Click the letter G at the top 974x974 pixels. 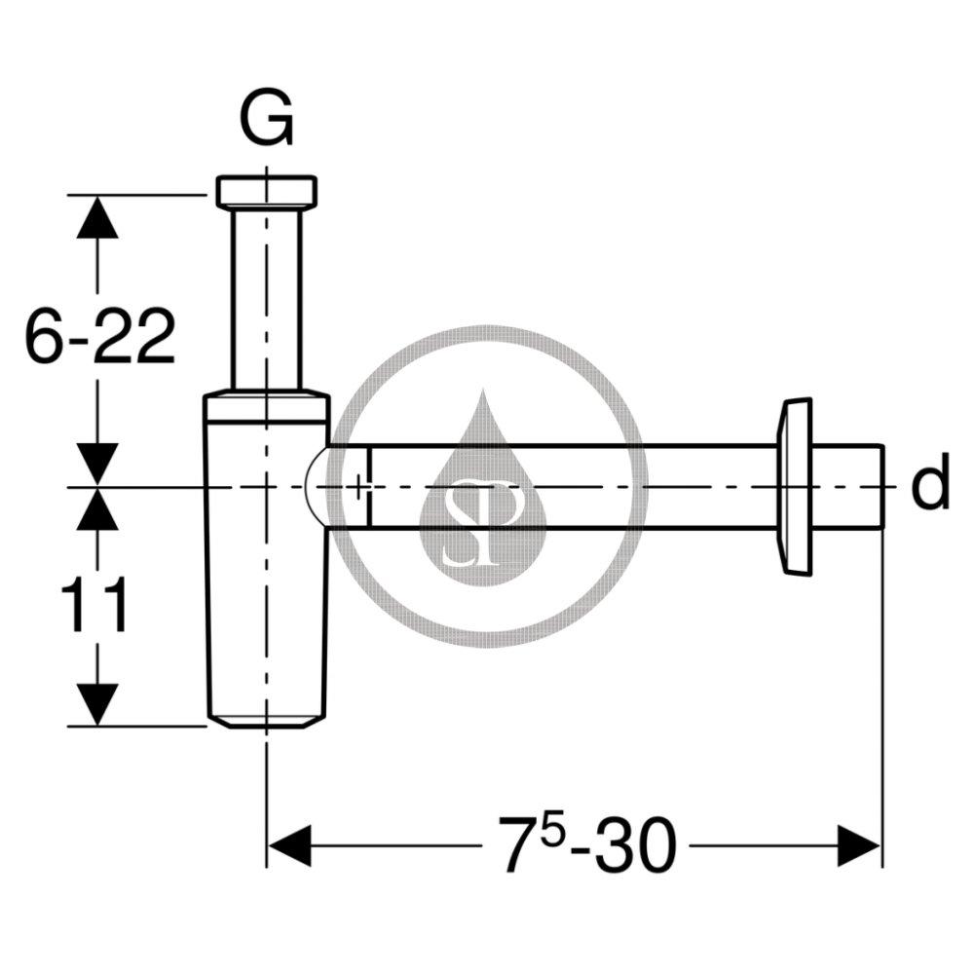(266, 122)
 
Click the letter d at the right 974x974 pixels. (930, 486)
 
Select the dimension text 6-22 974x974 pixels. (99, 337)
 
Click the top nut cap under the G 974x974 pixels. (266, 192)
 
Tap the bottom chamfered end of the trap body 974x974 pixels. (266, 721)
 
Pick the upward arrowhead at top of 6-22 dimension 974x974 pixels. (96, 216)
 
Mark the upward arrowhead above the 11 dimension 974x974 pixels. (96, 508)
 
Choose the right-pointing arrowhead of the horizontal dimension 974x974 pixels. (859, 843)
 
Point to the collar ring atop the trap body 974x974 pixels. (266, 406)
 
